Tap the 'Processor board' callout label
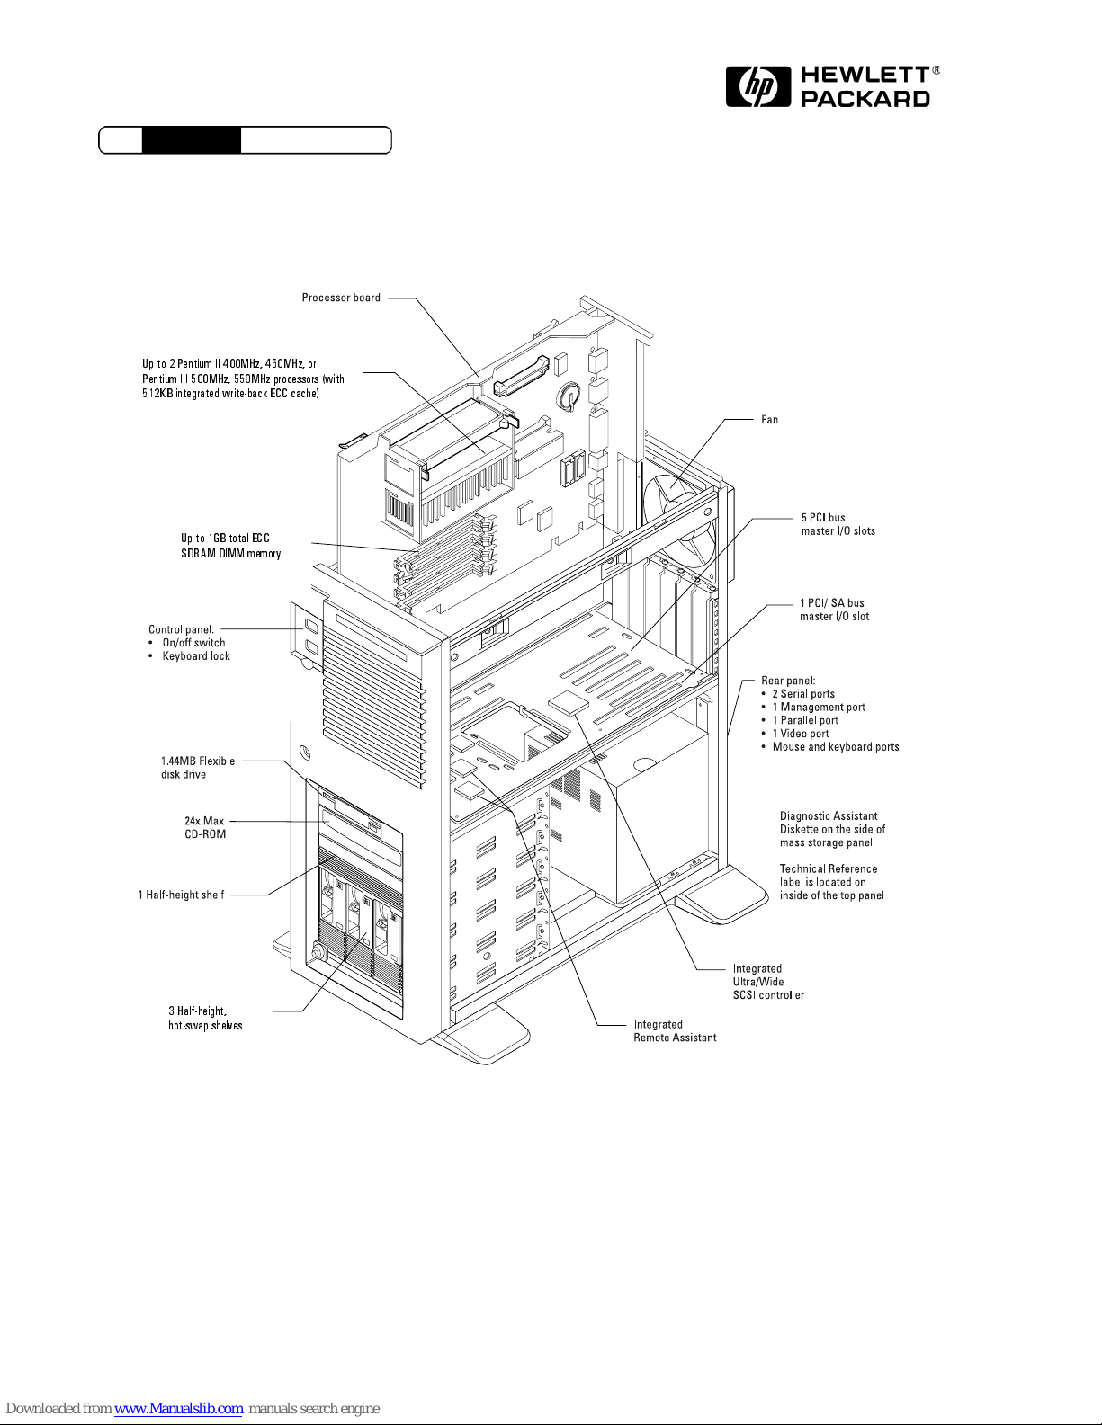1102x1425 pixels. coord(341,298)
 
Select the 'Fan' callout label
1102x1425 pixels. coord(769,420)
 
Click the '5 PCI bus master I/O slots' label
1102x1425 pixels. coord(838,524)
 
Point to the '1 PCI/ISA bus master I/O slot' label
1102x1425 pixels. coord(834,610)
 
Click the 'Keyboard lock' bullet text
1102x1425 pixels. coord(196,656)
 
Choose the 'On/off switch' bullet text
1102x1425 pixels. coord(193,643)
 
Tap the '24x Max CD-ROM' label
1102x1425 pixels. coord(204,827)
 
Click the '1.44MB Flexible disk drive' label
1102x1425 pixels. coord(197,768)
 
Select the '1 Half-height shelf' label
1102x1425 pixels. coord(181,895)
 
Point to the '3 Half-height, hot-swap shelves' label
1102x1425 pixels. coord(204,1018)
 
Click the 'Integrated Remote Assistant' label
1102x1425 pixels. coord(675,1031)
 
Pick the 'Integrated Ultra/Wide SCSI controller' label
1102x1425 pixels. coord(767,982)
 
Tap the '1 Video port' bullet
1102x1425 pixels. coord(801,734)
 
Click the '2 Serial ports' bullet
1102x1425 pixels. coord(802,694)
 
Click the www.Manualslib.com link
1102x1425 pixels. coord(178,1409)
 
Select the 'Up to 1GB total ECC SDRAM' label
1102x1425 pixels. coord(230,546)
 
